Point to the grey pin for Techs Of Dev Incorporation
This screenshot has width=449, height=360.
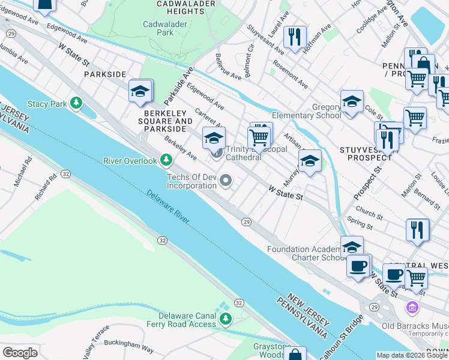coord(226,180)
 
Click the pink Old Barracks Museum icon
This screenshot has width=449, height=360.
coord(412,308)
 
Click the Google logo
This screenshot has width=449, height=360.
coord(20,352)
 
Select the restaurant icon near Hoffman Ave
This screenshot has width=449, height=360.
coord(294,37)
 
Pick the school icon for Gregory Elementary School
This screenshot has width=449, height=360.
coord(352,101)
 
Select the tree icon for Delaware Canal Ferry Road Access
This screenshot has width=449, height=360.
coord(225,319)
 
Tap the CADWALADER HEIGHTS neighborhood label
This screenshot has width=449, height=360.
coord(169,7)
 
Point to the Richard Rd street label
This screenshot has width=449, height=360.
coord(44,187)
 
